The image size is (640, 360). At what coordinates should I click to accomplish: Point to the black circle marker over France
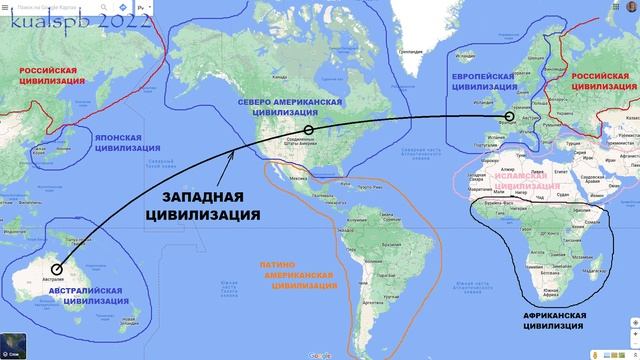pos(509,117)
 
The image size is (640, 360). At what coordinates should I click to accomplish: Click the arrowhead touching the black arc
pos(233,153)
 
